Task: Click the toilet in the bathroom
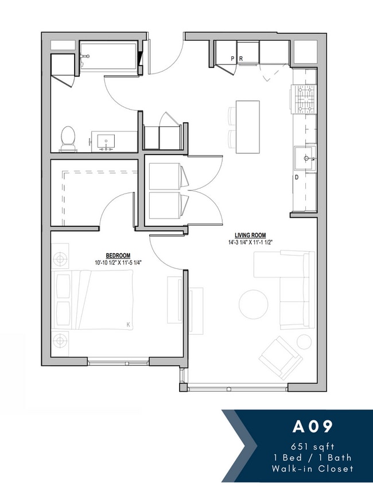(x=68, y=138)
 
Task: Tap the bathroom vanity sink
(x=106, y=141)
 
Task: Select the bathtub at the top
(x=109, y=57)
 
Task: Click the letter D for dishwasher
(x=297, y=177)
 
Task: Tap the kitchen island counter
(x=247, y=127)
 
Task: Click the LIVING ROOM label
(x=250, y=235)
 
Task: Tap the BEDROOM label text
(x=118, y=256)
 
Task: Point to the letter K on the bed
(x=128, y=325)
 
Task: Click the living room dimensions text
(x=250, y=242)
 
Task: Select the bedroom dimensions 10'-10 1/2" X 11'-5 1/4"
(x=118, y=263)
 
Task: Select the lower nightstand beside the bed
(x=60, y=341)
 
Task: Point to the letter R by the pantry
(x=241, y=59)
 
